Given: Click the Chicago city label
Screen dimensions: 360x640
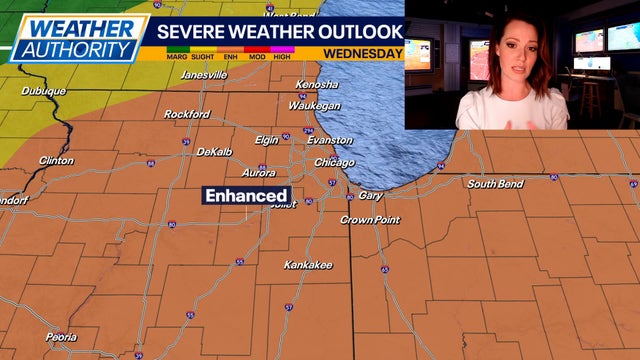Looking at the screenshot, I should click(334, 162).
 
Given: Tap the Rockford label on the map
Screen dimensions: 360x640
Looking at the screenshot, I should click(186, 114).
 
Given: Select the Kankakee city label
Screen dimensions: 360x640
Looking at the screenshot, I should click(309, 265).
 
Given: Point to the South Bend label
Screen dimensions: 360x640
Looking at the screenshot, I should click(495, 184).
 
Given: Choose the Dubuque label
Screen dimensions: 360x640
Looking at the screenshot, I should click(43, 91).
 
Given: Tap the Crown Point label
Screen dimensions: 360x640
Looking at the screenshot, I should click(370, 220).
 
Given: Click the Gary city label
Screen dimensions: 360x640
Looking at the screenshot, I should click(370, 195).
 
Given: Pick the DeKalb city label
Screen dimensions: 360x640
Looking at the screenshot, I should click(213, 151).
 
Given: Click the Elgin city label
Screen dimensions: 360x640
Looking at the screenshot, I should click(267, 140).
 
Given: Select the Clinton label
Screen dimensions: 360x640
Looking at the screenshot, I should click(56, 160).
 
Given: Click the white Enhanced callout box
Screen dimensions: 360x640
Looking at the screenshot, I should click(247, 196).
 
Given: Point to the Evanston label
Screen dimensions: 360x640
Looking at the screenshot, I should click(330, 141).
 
